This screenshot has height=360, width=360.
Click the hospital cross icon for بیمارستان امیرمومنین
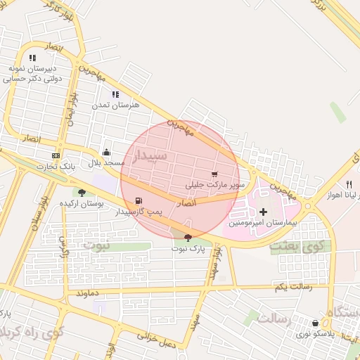[x=264, y=212]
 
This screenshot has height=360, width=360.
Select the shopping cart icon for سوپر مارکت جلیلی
[x=214, y=174]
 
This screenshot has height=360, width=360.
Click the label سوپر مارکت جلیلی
[x=215, y=185]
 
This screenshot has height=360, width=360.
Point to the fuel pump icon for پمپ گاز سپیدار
[x=146, y=200]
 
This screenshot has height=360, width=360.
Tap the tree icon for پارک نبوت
[x=187, y=238]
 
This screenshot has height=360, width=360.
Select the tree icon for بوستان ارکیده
[x=82, y=192]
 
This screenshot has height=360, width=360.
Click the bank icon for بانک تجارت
[x=56, y=155]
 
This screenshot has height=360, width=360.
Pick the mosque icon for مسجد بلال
[x=106, y=152]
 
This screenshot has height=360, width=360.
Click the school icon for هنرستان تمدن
[x=115, y=94]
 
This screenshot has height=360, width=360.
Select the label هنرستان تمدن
[x=115, y=105]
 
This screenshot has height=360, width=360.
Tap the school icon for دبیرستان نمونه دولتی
[x=32, y=58]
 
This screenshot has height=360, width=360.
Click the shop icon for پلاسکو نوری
[x=314, y=323]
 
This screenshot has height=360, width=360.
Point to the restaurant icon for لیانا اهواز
[x=349, y=184]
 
